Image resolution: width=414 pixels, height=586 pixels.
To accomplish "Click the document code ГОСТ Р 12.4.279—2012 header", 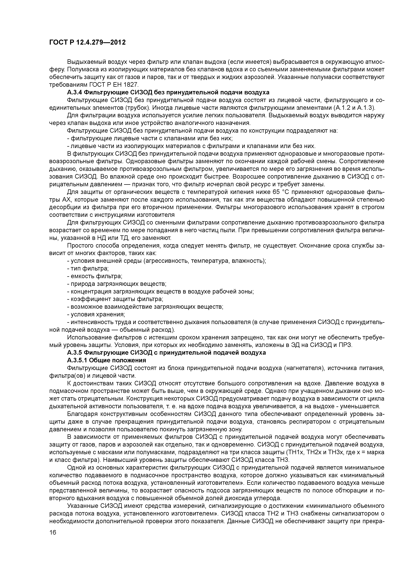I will [87, 42].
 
